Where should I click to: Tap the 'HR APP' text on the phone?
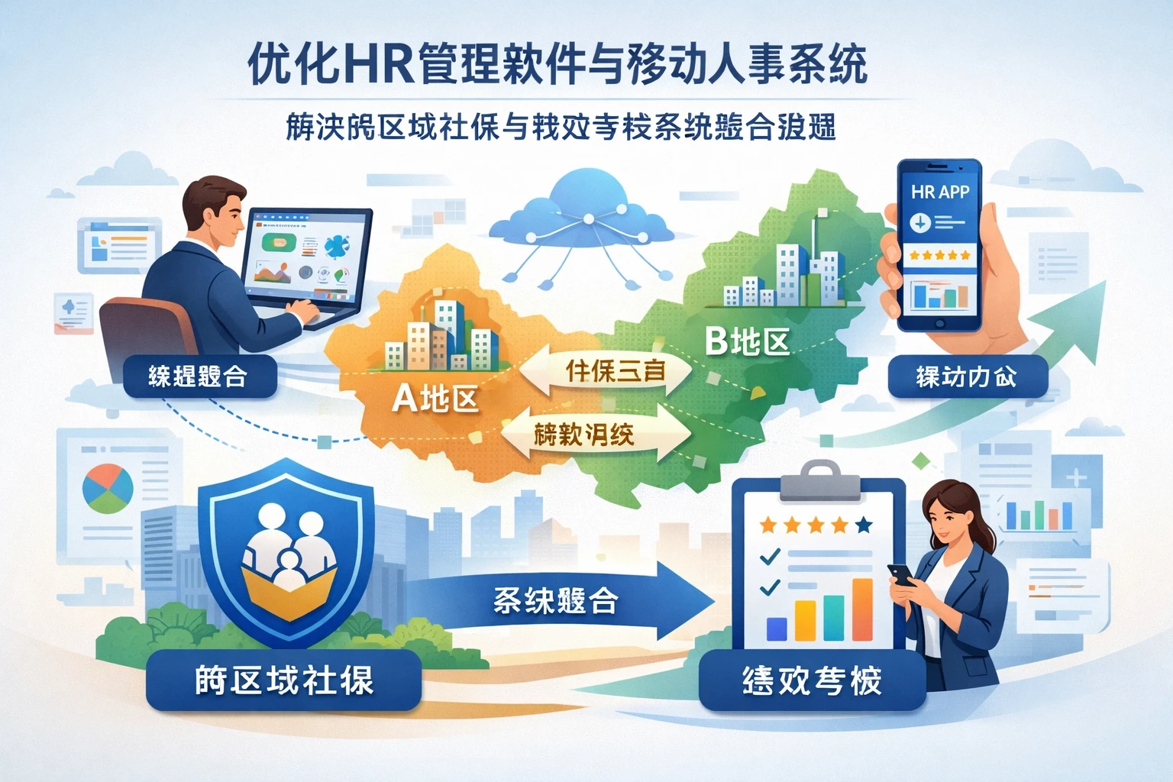pyautogui.click(x=939, y=192)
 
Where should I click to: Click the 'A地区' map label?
pyautogui.click(x=435, y=398)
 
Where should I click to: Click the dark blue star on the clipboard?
pyautogui.click(x=864, y=525)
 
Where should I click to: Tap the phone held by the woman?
pyautogui.click(x=902, y=574)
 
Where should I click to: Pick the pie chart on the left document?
pyautogui.click(x=107, y=489)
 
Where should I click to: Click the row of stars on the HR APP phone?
pyautogui.click(x=939, y=255)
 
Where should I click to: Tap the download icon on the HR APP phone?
pyautogui.click(x=920, y=222)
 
